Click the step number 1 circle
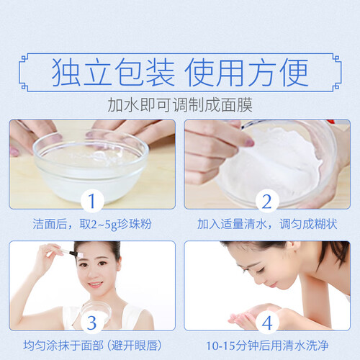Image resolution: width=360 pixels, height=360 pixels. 92,201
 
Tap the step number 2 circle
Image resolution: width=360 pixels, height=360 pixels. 267,201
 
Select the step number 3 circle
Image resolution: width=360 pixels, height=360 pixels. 92,323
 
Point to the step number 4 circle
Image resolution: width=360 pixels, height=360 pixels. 267,323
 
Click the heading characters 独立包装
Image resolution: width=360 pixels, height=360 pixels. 113,72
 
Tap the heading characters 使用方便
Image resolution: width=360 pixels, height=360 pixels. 246,72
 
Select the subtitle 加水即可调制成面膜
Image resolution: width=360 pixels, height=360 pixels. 180,105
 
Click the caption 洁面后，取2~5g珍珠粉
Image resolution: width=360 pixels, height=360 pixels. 92,224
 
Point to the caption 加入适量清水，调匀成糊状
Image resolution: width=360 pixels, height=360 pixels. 267,224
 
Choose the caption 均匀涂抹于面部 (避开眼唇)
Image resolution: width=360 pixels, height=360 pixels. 93,346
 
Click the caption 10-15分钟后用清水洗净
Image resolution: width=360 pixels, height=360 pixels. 267,346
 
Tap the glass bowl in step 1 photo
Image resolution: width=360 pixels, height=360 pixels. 91,166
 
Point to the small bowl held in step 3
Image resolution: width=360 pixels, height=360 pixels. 96,312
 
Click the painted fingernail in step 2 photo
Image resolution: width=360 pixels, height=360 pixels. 249,143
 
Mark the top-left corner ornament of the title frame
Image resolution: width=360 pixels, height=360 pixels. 24,59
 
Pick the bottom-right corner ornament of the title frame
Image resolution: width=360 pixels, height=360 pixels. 336,86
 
